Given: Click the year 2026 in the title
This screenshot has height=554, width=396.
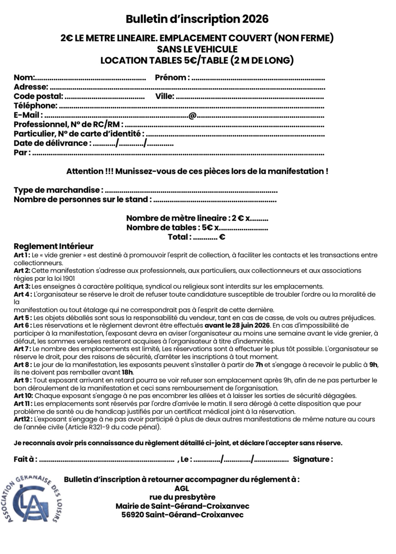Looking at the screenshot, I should pyautogui.click(x=255, y=19).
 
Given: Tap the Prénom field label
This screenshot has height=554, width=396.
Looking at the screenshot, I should pyautogui.click(x=172, y=78).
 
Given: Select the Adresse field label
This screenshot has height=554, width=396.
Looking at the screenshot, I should pyautogui.click(x=31, y=87).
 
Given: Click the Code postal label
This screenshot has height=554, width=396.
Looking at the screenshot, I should pyautogui.click(x=38, y=96).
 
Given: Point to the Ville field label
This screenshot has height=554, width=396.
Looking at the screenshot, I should pyautogui.click(x=165, y=96).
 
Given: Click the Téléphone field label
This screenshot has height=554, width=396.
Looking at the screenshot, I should pyautogui.click(x=35, y=106).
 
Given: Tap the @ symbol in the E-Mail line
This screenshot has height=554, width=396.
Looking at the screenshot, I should pyautogui.click(x=192, y=115).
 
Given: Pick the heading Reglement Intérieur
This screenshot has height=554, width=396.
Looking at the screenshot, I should pyautogui.click(x=53, y=246).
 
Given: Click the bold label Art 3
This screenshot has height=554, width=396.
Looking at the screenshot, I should pyautogui.click(x=22, y=286).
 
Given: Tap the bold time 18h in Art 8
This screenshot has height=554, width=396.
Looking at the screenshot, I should pyautogui.click(x=128, y=372).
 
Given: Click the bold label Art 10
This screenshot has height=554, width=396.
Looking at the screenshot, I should pyautogui.click(x=23, y=396).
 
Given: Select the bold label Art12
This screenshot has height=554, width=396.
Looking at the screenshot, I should pyautogui.click(x=22, y=419).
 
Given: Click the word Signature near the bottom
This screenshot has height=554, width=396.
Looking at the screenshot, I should pyautogui.click(x=313, y=459).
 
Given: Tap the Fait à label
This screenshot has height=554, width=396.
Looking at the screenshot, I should pyautogui.click(x=25, y=459).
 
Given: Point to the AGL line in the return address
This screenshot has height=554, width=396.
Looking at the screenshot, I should pyautogui.click(x=182, y=489).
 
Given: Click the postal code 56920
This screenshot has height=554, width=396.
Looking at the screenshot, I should pyautogui.click(x=132, y=515).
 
